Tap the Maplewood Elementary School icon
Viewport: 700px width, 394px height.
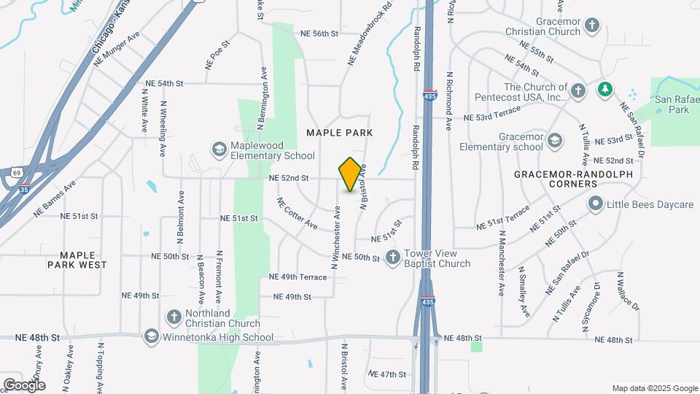coord(219,150)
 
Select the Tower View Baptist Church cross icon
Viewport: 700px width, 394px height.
coord(393,257)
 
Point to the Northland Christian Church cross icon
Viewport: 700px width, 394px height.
coord(174,317)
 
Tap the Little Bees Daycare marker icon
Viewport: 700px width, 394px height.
coord(596,204)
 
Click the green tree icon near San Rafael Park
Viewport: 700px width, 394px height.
coord(604,90)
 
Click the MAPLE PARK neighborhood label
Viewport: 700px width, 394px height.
coord(340,133)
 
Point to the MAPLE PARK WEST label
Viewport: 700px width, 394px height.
coord(77,259)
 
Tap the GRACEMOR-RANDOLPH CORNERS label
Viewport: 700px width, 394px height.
coord(566,179)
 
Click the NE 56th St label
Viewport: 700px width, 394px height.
coord(319,34)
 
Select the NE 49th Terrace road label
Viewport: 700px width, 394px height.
coord(297,277)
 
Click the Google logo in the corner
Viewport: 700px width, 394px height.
coord(23,385)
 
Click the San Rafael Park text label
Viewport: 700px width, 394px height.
coord(672,104)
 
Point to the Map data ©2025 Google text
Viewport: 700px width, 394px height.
coord(654,388)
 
